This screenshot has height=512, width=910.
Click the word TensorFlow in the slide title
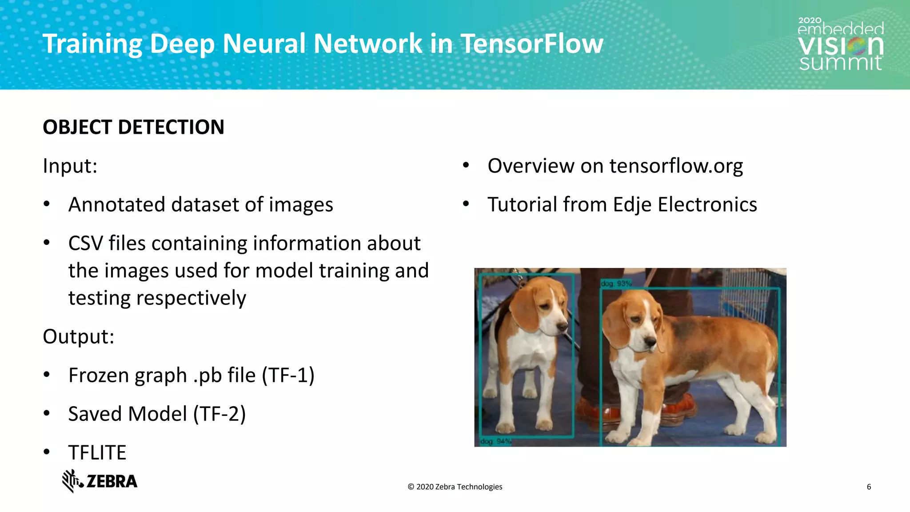coord(531,44)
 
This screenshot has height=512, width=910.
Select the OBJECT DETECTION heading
coord(133,127)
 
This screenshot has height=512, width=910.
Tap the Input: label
coord(70,166)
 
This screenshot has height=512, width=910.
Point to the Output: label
coord(78,336)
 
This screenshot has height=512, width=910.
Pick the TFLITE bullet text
coord(97,452)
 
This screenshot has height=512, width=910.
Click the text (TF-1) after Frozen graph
coord(288,375)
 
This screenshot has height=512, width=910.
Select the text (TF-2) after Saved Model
coord(219,414)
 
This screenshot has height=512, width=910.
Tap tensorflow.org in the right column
coord(675,166)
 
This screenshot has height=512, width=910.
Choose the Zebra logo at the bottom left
coord(100,481)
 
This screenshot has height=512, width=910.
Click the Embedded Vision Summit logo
coord(840,44)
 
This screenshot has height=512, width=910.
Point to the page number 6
coord(869,487)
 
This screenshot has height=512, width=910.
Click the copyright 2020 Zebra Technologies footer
coord(455,487)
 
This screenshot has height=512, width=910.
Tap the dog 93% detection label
coord(615,284)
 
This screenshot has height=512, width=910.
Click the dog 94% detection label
coord(495,441)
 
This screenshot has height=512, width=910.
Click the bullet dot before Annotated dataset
coord(47,204)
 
